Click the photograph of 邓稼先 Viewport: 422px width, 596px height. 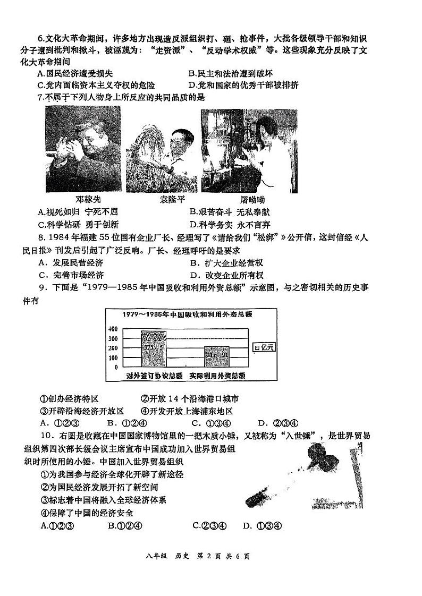pyautogui.click(x=83, y=149)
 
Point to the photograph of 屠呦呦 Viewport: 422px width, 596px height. pyautogui.click(x=249, y=150)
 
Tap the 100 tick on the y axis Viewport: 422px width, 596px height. pyautogui.click(x=113, y=357)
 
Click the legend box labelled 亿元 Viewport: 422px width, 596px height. pyautogui.click(x=265, y=347)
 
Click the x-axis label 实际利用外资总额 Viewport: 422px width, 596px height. pyautogui.click(x=219, y=376)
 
